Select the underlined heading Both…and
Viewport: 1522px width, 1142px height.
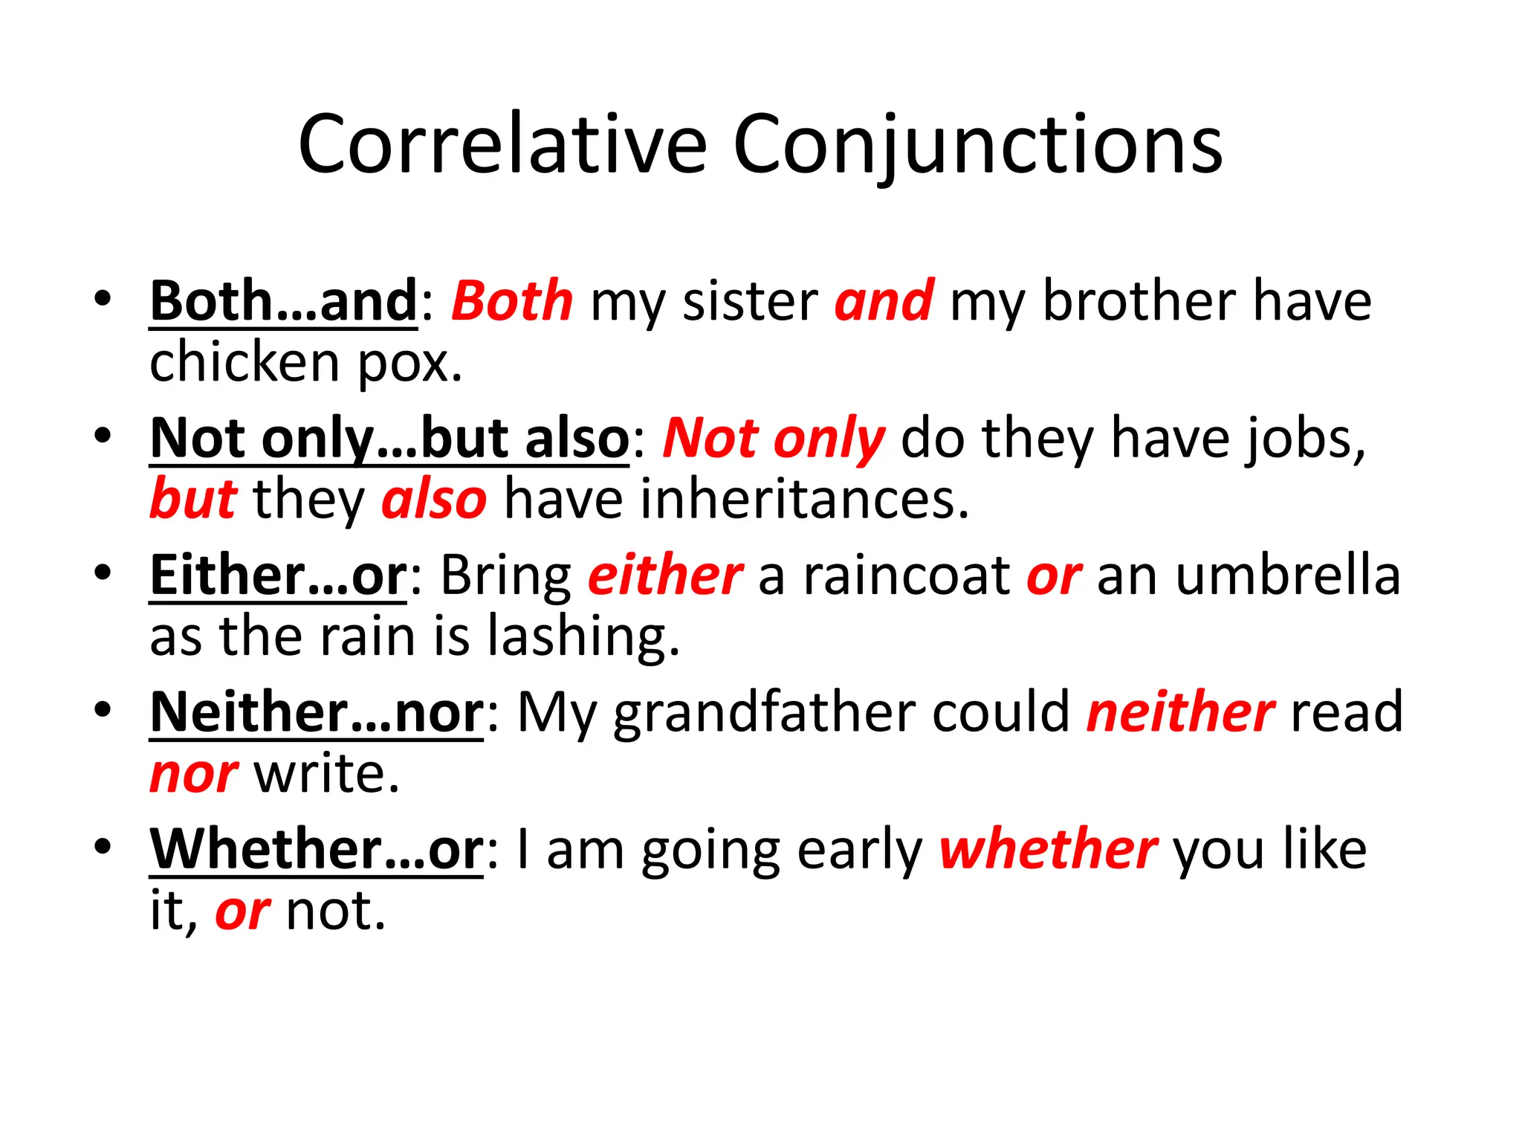pyautogui.click(x=284, y=301)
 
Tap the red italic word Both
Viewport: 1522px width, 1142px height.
pyautogui.click(x=512, y=301)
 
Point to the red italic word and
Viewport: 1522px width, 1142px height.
pyautogui.click(x=884, y=301)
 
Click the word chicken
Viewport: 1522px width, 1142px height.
pyautogui.click(x=245, y=363)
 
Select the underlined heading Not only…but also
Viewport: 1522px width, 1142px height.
pyautogui.click(x=389, y=439)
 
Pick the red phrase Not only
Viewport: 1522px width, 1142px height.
pyautogui.click(x=774, y=439)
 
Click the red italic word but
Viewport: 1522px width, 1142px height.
pyautogui.click(x=193, y=499)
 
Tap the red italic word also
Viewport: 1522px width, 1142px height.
pyautogui.click(x=434, y=500)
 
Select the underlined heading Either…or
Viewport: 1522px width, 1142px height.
pyautogui.click(x=279, y=575)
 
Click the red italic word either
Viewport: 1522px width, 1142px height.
pyautogui.click(x=665, y=575)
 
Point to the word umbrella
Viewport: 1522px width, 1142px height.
pyautogui.click(x=1288, y=575)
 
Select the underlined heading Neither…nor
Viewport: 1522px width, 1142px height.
pyautogui.click(x=317, y=712)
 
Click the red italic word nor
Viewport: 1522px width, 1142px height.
pyautogui.click(x=194, y=775)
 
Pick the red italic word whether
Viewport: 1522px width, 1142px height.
pyautogui.click(x=1048, y=849)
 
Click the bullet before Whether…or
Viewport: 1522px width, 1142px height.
pyautogui.click(x=103, y=846)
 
